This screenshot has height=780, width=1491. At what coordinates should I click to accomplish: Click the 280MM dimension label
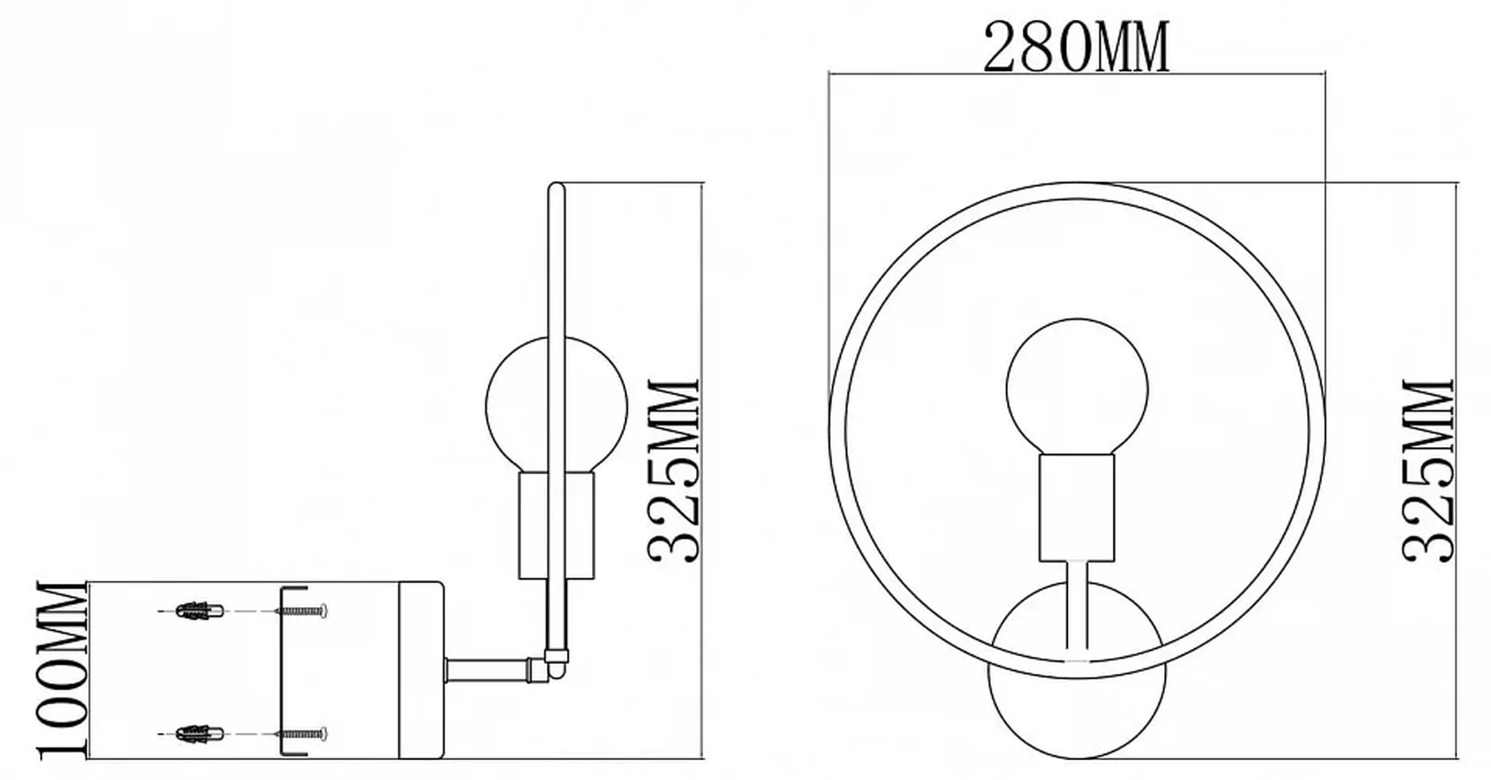pyautogui.click(x=1077, y=48)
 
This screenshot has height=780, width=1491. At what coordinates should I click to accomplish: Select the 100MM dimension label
pyautogui.click(x=62, y=671)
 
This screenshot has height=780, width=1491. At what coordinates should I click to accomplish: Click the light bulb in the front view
pyautogui.click(x=1078, y=387)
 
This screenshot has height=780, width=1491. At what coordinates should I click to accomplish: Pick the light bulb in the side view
pyautogui.click(x=556, y=406)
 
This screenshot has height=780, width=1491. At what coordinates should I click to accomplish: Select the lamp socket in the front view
pyautogui.click(x=1078, y=509)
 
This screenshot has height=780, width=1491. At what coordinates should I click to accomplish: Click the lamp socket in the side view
pyautogui.click(x=557, y=526)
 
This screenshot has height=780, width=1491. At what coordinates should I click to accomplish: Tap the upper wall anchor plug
pyautogui.click(x=201, y=610)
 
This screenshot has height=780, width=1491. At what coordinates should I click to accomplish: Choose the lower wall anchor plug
pyautogui.click(x=201, y=734)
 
